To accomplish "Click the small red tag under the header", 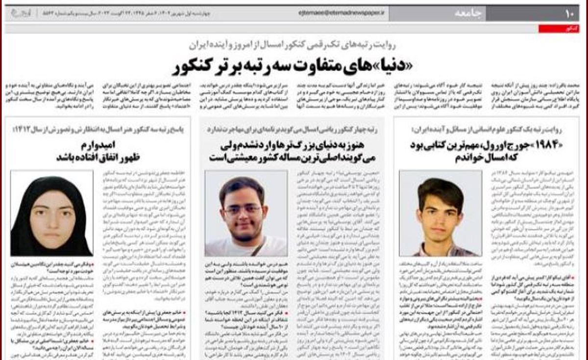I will [552, 29].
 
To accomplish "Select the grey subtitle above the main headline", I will [294, 45].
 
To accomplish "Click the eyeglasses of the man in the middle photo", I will [243, 209].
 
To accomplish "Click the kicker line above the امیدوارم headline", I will [98, 129].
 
